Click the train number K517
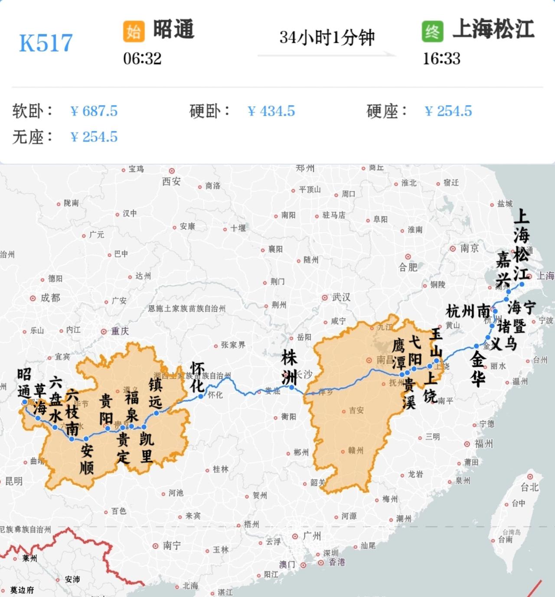46,43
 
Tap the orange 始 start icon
134,31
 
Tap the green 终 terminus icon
432,31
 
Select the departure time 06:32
142,59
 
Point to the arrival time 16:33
441,59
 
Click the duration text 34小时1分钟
327,38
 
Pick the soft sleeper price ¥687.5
94,111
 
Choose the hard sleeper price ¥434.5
271,111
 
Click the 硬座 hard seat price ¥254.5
448,111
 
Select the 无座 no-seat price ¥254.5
94,137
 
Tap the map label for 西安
171,181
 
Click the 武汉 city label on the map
341,297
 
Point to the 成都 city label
50,298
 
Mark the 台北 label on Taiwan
529,487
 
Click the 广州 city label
312,536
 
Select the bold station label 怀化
198,377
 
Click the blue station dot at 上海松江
522,284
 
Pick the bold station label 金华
478,369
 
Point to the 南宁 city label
172,545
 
